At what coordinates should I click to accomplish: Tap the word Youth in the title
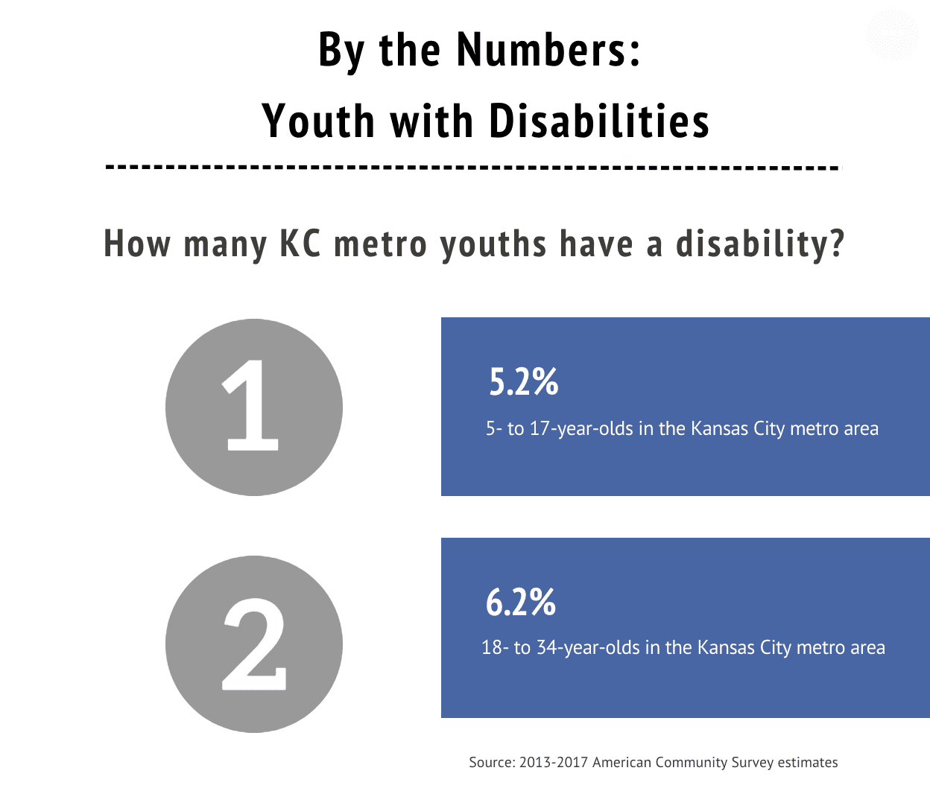click(x=317, y=121)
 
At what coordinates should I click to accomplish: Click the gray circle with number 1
click(x=253, y=407)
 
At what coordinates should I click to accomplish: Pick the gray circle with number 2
click(x=253, y=644)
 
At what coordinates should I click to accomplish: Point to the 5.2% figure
click(x=523, y=381)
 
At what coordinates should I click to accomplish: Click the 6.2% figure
click(x=520, y=602)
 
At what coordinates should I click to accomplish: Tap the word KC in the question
click(x=300, y=244)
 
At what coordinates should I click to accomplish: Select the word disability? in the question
click(x=760, y=244)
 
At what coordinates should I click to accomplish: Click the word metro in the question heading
click(x=380, y=244)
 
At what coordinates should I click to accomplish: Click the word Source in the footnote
click(x=491, y=762)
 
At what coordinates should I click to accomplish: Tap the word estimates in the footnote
click(x=808, y=762)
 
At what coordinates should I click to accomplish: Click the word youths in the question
click(x=493, y=244)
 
